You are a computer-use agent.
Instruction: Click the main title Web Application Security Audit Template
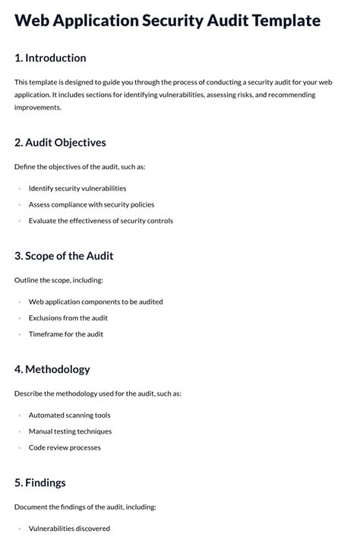[x=167, y=21]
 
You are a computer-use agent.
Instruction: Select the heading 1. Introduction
[x=50, y=58]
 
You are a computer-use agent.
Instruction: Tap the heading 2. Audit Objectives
[x=60, y=142]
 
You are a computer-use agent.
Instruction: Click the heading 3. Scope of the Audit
[x=64, y=256]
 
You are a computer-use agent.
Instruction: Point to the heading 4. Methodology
[x=52, y=369]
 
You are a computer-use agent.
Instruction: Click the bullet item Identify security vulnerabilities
[x=77, y=188]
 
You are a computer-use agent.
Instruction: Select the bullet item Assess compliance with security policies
[x=91, y=204]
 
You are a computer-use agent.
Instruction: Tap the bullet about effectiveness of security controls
[x=101, y=221]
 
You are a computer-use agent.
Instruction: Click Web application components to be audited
[x=96, y=302]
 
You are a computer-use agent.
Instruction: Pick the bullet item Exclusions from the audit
[x=68, y=318]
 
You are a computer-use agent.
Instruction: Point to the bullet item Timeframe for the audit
[x=66, y=334]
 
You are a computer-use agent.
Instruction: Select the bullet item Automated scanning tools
[x=70, y=415]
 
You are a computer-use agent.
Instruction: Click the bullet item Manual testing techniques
[x=70, y=431]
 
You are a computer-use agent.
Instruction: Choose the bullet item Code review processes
[x=65, y=447]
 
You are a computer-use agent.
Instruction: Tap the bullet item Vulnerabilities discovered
[x=69, y=529]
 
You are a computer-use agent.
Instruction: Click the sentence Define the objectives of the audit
[x=79, y=166]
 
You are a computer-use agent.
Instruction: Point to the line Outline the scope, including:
[x=58, y=280]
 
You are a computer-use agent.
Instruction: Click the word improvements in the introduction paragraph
[x=37, y=107]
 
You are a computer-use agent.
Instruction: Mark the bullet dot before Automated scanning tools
[x=19, y=415]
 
